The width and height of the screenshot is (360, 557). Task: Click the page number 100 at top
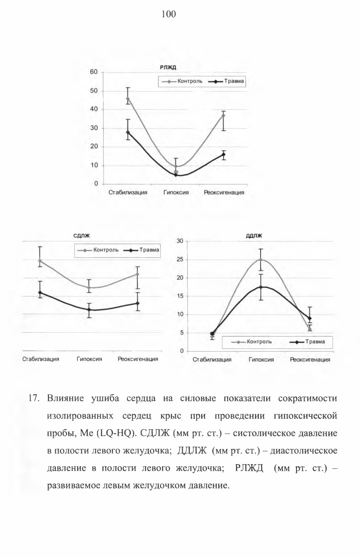tap(169, 14)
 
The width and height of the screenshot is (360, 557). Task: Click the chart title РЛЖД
tap(168, 68)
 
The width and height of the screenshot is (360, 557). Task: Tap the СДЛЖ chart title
tap(82, 236)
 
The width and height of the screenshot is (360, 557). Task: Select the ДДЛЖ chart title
tap(254, 236)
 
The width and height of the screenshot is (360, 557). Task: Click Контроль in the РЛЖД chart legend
tap(190, 81)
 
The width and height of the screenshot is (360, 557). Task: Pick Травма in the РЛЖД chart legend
tap(234, 81)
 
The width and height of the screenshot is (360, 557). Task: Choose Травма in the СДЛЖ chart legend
tap(149, 250)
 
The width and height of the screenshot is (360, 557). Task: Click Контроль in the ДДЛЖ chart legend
tap(259, 342)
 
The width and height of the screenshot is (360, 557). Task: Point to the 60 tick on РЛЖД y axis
tap(94, 72)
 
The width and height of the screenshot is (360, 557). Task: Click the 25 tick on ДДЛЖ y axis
tap(180, 260)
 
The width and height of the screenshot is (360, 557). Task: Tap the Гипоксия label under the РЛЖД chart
tap(176, 192)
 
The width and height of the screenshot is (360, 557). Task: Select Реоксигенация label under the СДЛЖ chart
tap(138, 359)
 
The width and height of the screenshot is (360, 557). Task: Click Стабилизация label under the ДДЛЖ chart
tap(212, 359)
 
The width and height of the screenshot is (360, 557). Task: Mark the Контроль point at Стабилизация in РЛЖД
tap(128, 99)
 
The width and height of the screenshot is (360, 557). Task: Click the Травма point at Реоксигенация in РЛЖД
tap(224, 154)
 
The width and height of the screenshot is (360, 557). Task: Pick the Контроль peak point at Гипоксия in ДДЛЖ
tap(261, 260)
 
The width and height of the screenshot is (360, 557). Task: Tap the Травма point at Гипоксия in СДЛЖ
tap(89, 310)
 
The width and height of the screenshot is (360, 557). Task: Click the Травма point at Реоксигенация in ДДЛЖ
tap(310, 318)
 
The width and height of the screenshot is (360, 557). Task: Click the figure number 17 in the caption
tap(34, 398)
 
